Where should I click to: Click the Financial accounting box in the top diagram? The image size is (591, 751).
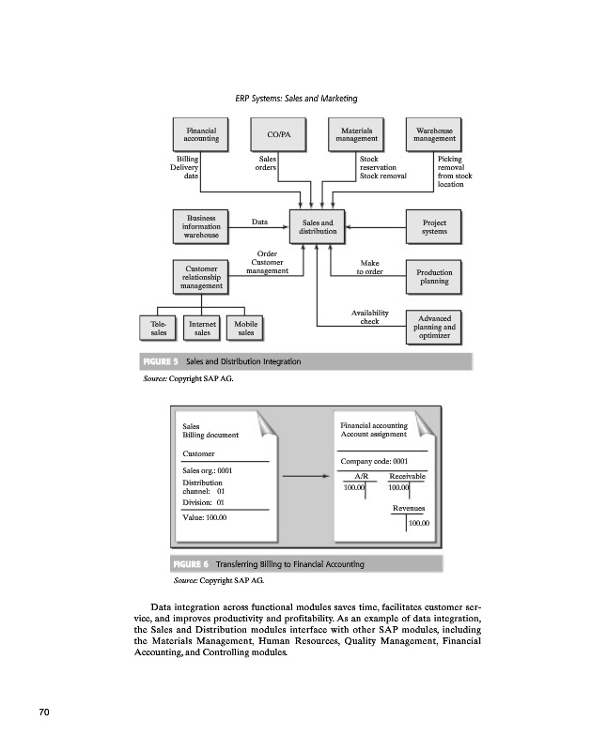pyautogui.click(x=201, y=134)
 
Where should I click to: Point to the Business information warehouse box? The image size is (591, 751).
pyautogui.click(x=201, y=226)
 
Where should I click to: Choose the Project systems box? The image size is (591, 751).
pyautogui.click(x=434, y=226)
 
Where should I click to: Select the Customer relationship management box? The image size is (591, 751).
pyautogui.click(x=201, y=278)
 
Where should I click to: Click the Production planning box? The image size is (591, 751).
pyautogui.click(x=434, y=276)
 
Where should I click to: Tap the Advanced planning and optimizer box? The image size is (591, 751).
pyautogui.click(x=434, y=327)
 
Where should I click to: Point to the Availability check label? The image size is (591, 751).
pyautogui.click(x=369, y=317)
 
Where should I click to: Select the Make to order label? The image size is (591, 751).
pyautogui.click(x=369, y=268)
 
